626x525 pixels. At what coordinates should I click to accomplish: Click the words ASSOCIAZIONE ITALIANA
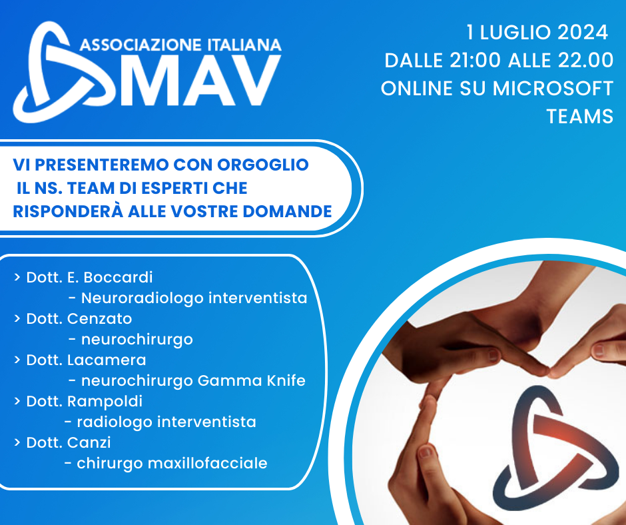pyautogui.click(x=180, y=45)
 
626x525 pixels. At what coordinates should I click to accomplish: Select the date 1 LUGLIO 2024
pyautogui.click(x=537, y=33)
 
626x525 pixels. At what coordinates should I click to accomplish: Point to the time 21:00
pyautogui.click(x=475, y=61)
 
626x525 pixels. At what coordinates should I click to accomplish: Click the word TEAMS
pyautogui.click(x=579, y=117)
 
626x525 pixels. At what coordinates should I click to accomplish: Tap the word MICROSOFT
pyautogui.click(x=553, y=89)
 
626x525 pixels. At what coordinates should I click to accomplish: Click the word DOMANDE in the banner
pyautogui.click(x=288, y=211)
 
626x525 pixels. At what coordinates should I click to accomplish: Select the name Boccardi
pyautogui.click(x=118, y=277)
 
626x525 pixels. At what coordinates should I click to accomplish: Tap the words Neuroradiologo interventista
pyautogui.click(x=194, y=298)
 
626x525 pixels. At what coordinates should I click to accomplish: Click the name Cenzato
pyautogui.click(x=99, y=319)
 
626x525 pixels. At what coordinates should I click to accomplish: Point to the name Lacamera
pyautogui.click(x=107, y=360)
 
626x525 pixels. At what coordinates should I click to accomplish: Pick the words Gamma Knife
pyautogui.click(x=252, y=381)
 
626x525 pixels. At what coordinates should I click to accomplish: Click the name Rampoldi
pyautogui.click(x=105, y=402)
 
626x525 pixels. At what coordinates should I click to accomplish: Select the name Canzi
pyautogui.click(x=89, y=442)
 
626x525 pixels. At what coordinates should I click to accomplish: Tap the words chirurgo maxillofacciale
pyautogui.click(x=172, y=464)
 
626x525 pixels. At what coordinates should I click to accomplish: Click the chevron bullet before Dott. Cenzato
pyautogui.click(x=17, y=318)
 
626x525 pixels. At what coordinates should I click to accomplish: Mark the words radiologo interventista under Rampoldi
pyautogui.click(x=166, y=422)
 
